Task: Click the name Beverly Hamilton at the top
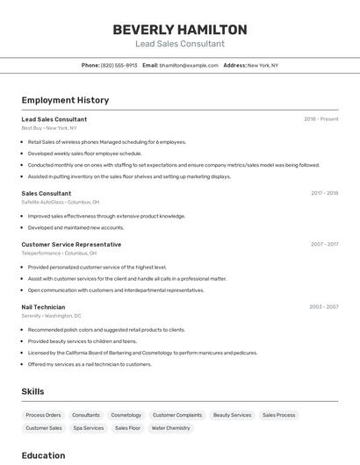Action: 180,29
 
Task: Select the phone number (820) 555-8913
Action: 119,65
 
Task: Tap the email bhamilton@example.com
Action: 189,65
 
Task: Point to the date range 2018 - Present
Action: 320,118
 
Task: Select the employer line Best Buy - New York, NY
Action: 49,128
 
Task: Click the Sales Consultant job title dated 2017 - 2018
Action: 47,193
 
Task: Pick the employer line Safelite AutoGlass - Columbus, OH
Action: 61,202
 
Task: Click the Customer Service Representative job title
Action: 71,244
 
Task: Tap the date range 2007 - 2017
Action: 324,244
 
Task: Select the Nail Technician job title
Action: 43,307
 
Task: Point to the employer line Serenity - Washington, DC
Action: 51,316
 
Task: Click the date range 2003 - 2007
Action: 323,307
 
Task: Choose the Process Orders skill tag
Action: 43,415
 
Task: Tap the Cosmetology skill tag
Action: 126,415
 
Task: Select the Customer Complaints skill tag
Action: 177,415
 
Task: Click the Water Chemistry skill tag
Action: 170,428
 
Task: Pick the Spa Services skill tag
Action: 89,428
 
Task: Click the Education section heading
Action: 43,455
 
